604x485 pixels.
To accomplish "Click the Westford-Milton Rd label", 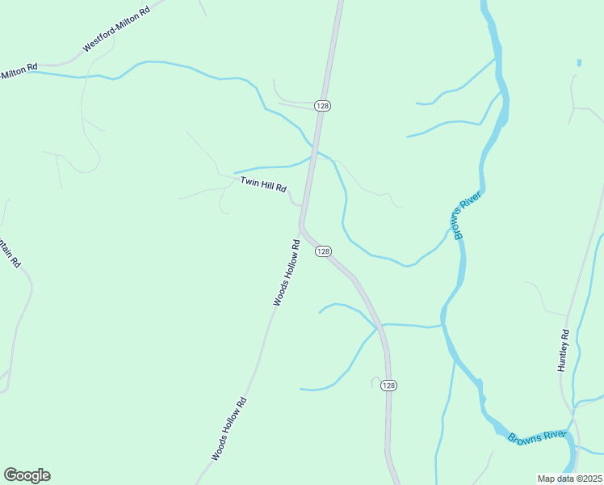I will click(117, 31).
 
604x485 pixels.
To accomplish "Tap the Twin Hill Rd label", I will click(263, 185).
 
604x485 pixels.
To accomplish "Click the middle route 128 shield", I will click(323, 251).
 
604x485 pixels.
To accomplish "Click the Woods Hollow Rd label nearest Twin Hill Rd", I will click(287, 272).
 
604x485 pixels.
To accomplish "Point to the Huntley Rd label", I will click(564, 350).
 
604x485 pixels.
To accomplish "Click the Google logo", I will click(27, 475).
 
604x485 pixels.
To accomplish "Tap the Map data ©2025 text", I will click(569, 479).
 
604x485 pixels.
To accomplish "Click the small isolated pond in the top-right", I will click(579, 62).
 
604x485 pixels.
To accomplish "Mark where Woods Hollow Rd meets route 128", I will click(302, 227).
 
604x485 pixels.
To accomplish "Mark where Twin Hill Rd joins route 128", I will click(302, 205).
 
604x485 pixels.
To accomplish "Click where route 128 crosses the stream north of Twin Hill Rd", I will click(315, 150).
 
